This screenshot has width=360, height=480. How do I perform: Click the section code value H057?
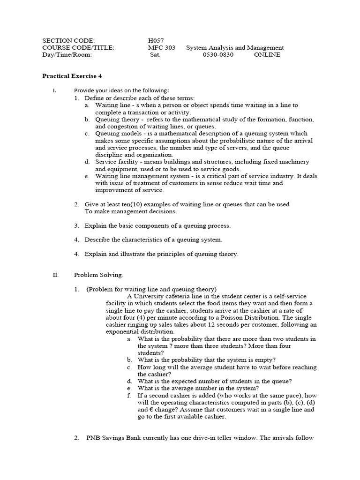(156, 41)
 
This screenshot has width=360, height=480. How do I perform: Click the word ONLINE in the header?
(267, 54)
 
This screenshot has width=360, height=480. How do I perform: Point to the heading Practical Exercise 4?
(72, 75)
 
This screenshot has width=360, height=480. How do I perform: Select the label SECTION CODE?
(68, 41)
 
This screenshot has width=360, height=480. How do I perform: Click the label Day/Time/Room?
(67, 54)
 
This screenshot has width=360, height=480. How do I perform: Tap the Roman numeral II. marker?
(56, 275)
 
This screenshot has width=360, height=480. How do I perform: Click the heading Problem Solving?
(98, 275)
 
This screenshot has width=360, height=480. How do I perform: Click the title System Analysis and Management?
(235, 48)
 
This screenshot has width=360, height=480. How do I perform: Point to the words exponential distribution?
(134, 331)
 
